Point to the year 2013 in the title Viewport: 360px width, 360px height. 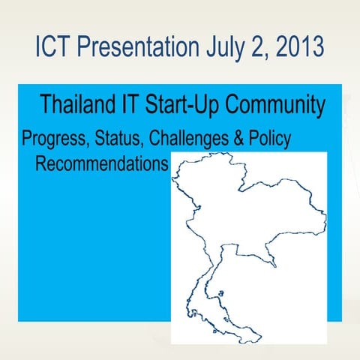[298, 46]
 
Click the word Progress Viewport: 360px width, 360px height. [51, 140]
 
